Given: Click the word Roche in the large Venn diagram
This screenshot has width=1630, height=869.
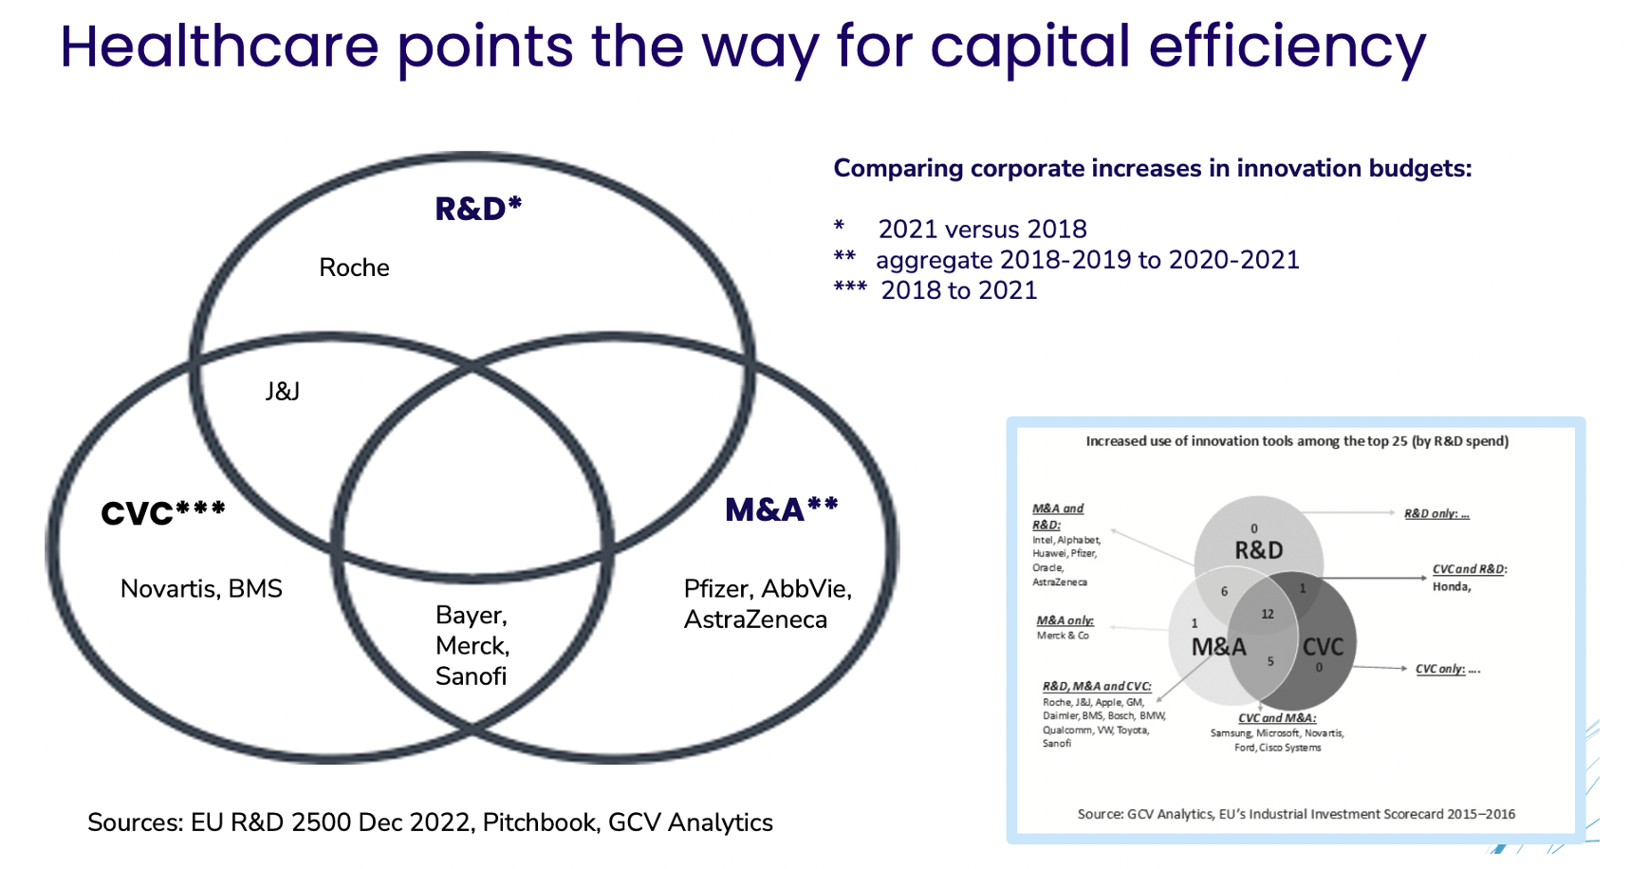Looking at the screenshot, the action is pyautogui.click(x=354, y=268).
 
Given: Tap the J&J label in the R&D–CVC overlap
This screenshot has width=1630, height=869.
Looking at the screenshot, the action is pyautogui.click(x=283, y=391).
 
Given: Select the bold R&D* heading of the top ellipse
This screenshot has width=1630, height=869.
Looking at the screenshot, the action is pyautogui.click(x=478, y=209).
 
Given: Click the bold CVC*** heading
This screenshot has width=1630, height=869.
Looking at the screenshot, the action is pyautogui.click(x=163, y=513).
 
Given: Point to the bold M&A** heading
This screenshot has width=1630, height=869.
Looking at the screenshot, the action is pyautogui.click(x=782, y=509).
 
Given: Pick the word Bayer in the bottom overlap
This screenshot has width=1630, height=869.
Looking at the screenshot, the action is pyautogui.click(x=472, y=616).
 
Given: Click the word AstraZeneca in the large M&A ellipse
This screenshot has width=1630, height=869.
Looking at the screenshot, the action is pyautogui.click(x=755, y=619).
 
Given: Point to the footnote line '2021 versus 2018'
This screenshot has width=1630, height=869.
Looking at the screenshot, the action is pyautogui.click(x=982, y=230).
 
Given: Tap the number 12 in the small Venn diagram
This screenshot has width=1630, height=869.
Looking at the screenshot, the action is pyautogui.click(x=1268, y=614).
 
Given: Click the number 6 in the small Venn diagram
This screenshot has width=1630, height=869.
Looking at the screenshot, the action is pyautogui.click(x=1224, y=591).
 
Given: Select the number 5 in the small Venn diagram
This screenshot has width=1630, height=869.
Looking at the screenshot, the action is pyautogui.click(x=1270, y=661).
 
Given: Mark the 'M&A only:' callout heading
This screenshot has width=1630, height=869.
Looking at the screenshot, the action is pyautogui.click(x=1065, y=620).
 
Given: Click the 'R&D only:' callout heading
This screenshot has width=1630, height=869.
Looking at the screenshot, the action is pyautogui.click(x=1436, y=513).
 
